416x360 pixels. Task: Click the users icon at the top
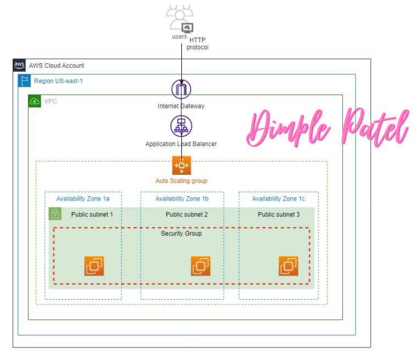181,18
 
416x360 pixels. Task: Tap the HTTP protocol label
198,44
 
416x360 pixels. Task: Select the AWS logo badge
19,65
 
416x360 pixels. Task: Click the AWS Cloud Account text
57,66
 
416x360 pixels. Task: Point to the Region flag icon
24,81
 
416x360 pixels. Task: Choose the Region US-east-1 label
58,81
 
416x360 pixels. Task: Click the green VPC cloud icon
34,101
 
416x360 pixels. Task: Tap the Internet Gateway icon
181,90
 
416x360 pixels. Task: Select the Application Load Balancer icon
181,126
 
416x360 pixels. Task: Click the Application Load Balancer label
181,144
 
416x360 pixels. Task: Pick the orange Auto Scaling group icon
181,165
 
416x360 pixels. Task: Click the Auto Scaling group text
181,180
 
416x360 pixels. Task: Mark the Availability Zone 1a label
82,198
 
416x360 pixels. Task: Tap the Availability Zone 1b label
182,198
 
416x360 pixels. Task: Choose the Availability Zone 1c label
279,198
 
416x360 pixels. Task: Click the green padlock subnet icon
55,214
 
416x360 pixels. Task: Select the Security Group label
181,234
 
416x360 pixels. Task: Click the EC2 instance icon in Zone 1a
94,266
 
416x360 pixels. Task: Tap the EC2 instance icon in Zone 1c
289,266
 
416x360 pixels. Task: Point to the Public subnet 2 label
187,214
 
